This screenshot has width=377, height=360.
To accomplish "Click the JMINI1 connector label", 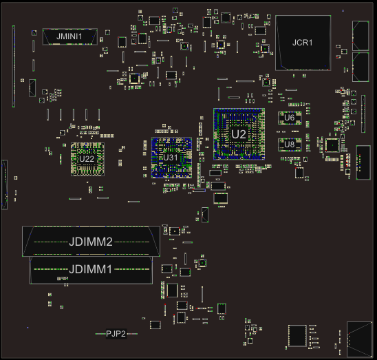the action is [x=69, y=36].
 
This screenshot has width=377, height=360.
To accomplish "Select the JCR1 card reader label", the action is [x=302, y=43].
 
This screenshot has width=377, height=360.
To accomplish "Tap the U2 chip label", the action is [x=239, y=134].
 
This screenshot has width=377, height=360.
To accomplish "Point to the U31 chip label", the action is [x=171, y=158].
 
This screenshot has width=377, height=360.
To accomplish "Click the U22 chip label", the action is [x=87, y=159].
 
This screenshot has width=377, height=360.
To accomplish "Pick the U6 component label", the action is [x=289, y=118].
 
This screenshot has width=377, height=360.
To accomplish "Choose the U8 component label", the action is [x=289, y=145].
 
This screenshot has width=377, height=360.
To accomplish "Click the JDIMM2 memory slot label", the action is [x=91, y=242].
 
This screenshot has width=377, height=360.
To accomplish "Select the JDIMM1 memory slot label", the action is [x=90, y=269].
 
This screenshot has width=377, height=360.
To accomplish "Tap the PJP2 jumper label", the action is [x=116, y=334].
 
